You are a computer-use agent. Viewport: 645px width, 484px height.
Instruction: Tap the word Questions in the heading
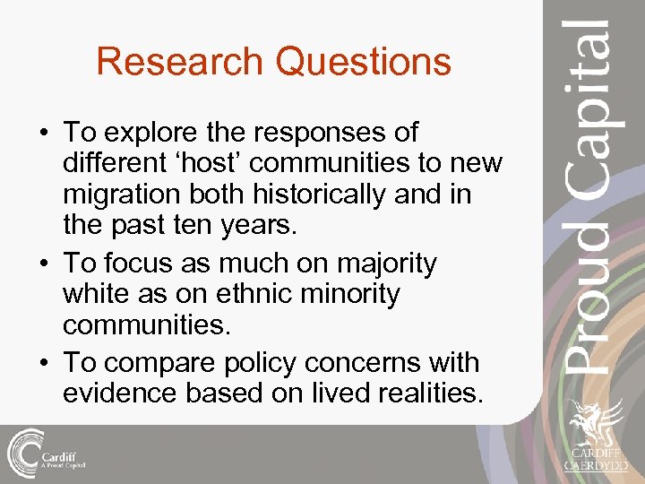coord(364,62)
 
